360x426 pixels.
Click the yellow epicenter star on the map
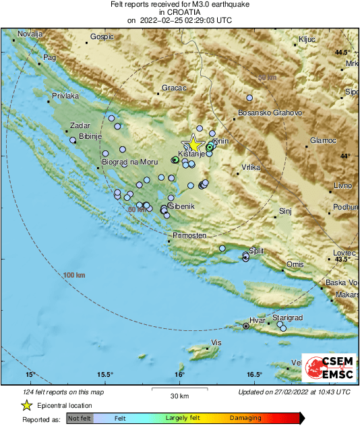pyautogui.click(x=194, y=144)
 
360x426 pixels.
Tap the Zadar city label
pyautogui.click(x=61, y=126)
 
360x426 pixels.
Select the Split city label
pyautogui.click(x=257, y=249)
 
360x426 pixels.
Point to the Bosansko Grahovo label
pyautogui.click(x=270, y=113)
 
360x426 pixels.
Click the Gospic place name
pyautogui.click(x=102, y=37)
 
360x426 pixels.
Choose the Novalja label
pyautogui.click(x=30, y=34)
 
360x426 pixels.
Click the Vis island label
pyautogui.click(x=216, y=343)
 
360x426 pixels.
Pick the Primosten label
pyautogui.click(x=189, y=235)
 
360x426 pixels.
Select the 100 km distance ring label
pyautogui.click(x=75, y=276)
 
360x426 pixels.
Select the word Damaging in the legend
pyautogui.click(x=245, y=419)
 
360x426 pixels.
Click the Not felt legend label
pyautogui.click(x=80, y=419)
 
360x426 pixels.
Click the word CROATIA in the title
pyautogui.click(x=180, y=12)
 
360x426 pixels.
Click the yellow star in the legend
pyautogui.click(x=26, y=405)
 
